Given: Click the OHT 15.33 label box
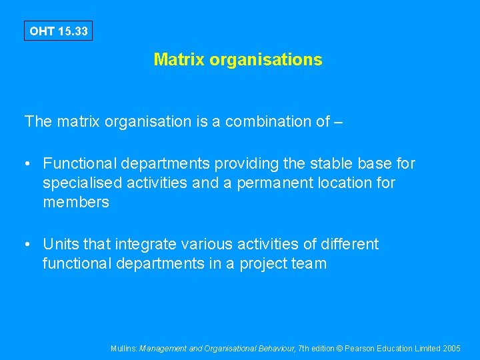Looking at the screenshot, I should (x=58, y=31).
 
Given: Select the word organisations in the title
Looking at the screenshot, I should (x=265, y=59).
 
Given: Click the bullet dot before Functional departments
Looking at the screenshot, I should (x=28, y=164).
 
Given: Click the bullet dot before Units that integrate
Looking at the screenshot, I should (x=28, y=245).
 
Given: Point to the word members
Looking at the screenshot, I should (x=76, y=202).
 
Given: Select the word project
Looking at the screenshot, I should (x=261, y=264).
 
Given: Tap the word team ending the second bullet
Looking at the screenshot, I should (x=309, y=264).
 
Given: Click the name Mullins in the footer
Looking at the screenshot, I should (x=123, y=348).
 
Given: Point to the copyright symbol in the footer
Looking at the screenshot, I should (x=341, y=348).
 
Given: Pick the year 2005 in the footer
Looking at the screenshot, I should (x=451, y=348).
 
